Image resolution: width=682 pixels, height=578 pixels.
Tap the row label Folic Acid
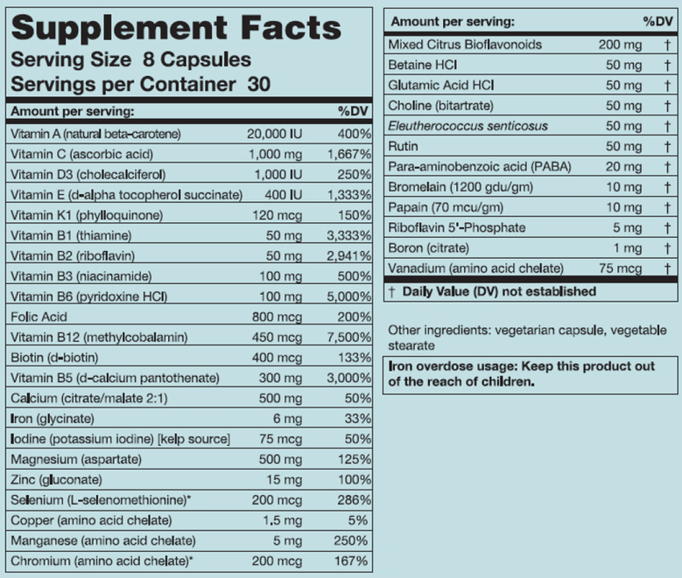pyautogui.click(x=39, y=317)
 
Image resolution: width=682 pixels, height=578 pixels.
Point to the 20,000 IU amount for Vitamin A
pyautogui.click(x=275, y=133)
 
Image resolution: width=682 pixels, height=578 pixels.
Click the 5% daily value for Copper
pyautogui.click(x=356, y=520)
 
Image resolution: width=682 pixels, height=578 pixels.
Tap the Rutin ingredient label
pyautogui.click(x=403, y=146)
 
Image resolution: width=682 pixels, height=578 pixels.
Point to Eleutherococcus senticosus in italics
pyautogui.click(x=468, y=126)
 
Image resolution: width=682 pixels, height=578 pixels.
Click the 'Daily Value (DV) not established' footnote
pyautogui.click(x=499, y=291)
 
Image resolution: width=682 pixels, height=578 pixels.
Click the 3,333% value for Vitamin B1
pyautogui.click(x=348, y=235)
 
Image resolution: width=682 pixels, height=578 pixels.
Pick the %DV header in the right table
pyautogui.click(x=656, y=19)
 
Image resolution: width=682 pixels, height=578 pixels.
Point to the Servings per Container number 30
pyautogui.click(x=257, y=85)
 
